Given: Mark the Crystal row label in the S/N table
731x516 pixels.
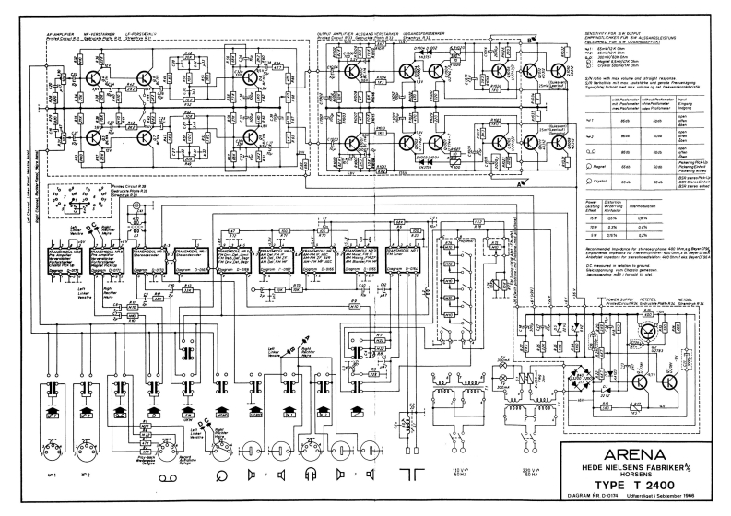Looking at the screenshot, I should (589, 182).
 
